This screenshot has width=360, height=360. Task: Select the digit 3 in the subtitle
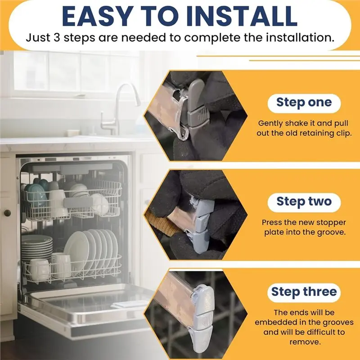tap(57, 37)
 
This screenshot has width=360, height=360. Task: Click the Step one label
tap(304, 103)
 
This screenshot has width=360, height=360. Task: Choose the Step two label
tap(304, 202)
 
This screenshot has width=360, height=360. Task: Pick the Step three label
tap(304, 292)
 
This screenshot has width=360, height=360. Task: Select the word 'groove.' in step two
tap(331, 232)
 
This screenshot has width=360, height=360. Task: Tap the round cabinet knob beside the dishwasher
tap(7, 213)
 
